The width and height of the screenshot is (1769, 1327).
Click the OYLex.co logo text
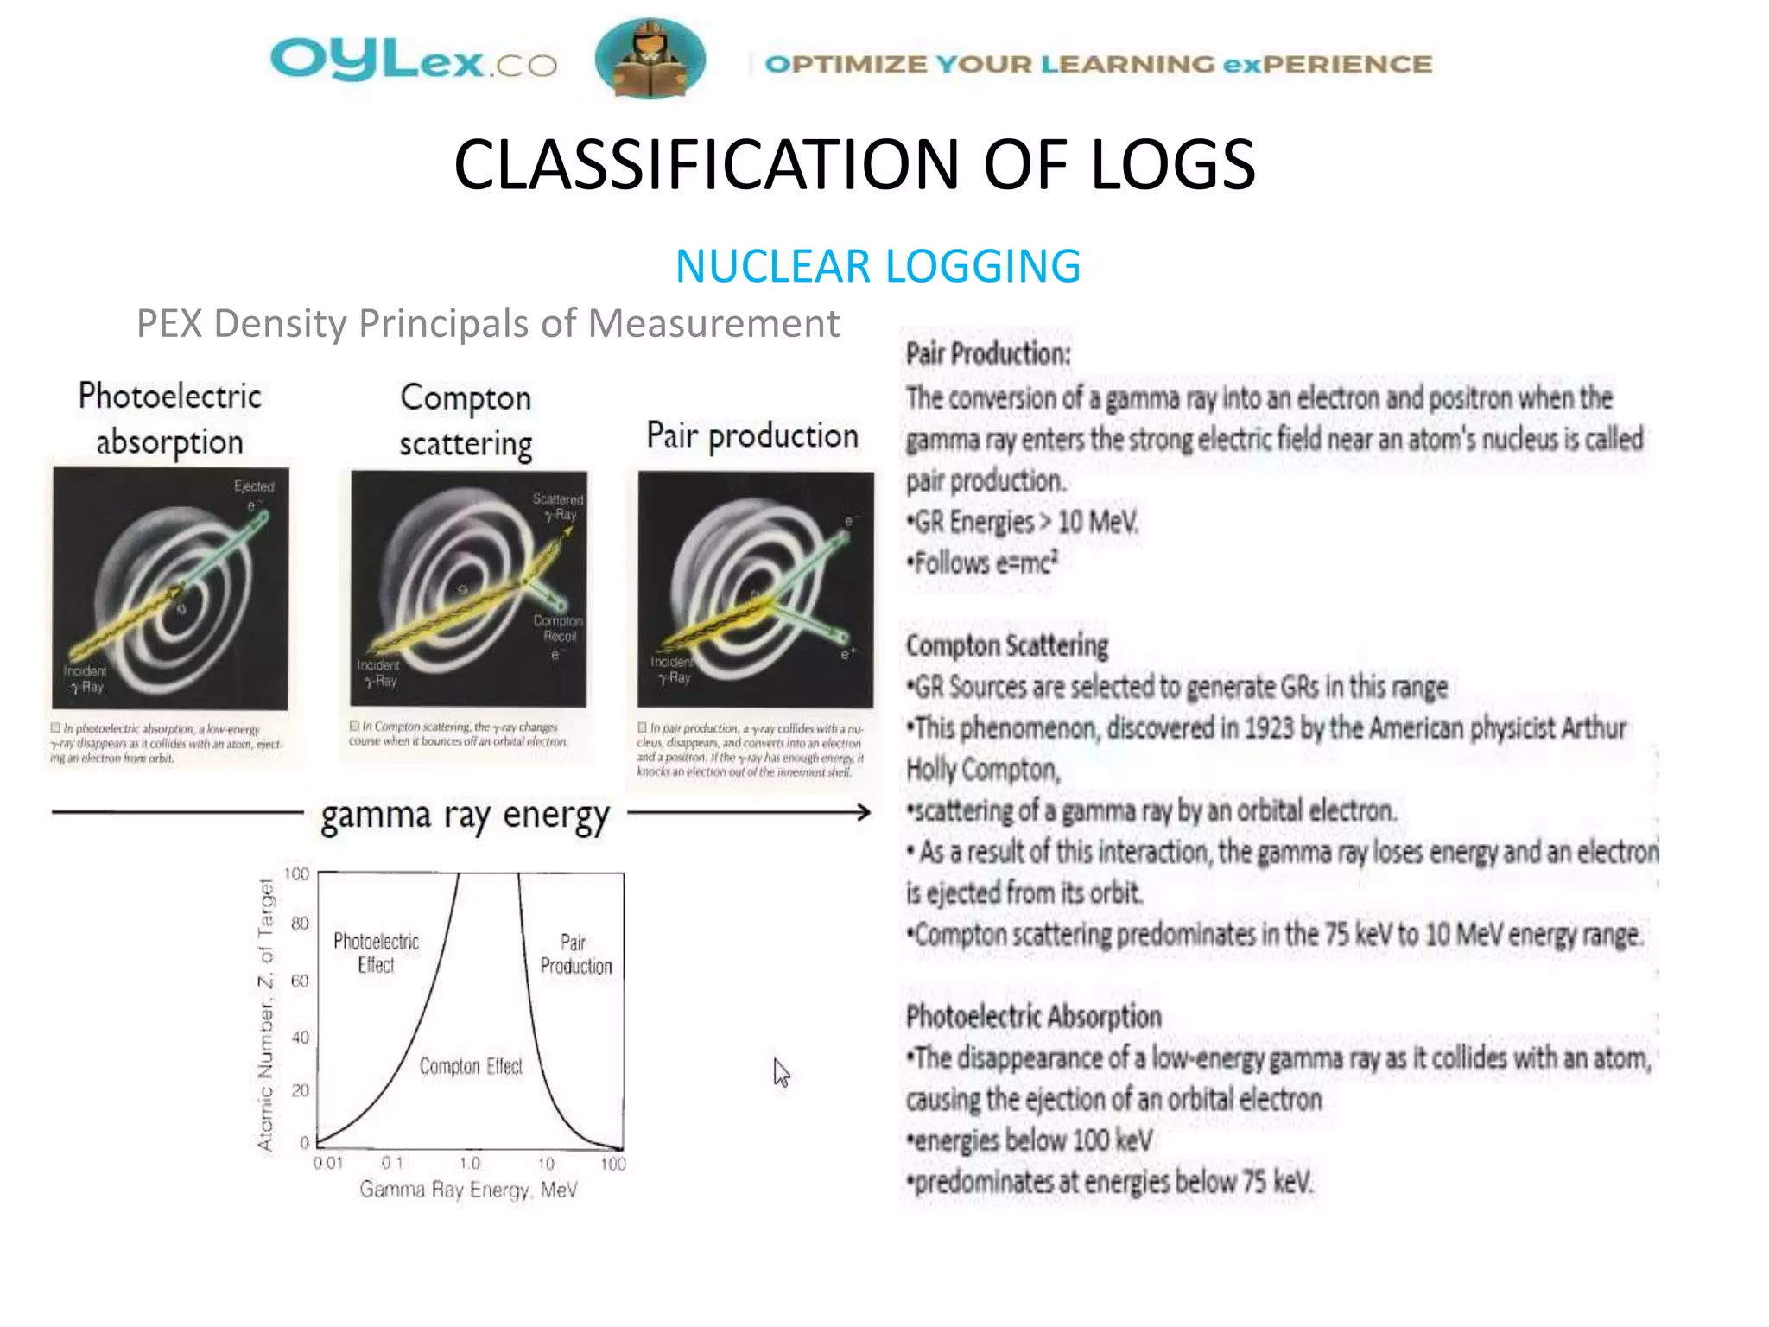413,61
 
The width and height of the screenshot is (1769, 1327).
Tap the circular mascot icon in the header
650,59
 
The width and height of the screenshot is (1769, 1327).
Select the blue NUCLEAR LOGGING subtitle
878,266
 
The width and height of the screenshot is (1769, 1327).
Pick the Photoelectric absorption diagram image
170,588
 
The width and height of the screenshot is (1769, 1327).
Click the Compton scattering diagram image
468,588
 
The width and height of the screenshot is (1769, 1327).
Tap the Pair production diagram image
755,588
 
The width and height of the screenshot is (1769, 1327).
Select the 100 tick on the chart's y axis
296,874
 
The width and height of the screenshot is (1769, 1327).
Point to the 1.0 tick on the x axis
470,1164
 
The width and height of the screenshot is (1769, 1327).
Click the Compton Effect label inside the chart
471,1067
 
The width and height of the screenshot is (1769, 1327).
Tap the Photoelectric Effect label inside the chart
376,953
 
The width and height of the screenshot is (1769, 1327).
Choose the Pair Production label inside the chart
575,954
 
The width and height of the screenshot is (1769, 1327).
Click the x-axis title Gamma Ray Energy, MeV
468,1190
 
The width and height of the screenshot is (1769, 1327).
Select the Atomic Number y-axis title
266,1014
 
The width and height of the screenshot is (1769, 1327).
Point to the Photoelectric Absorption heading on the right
1033,1017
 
